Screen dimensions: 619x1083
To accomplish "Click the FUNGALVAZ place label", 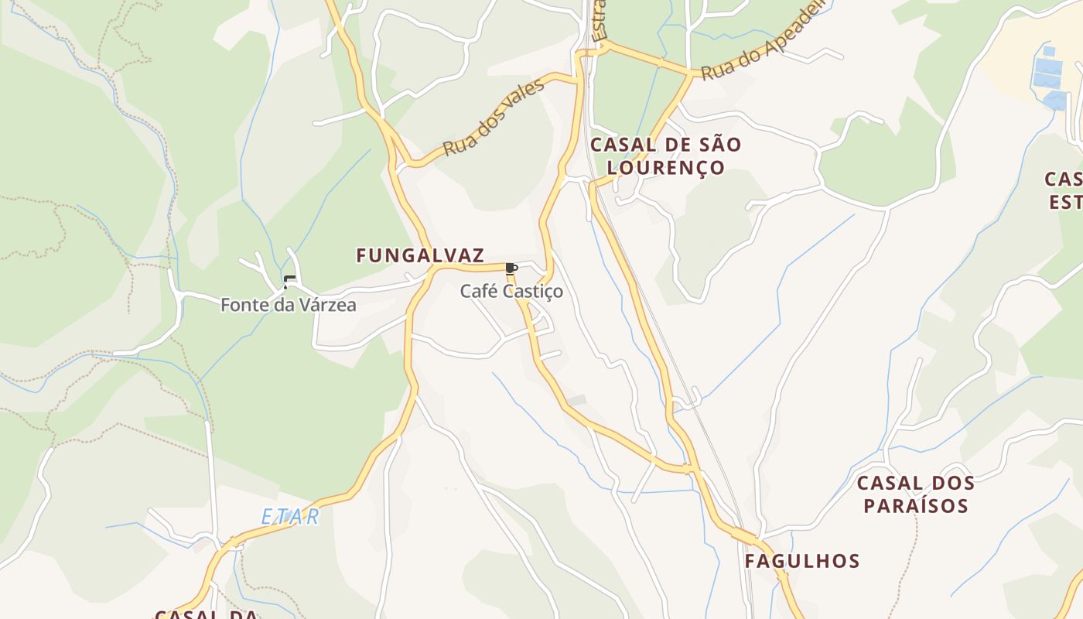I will pyautogui.click(x=420, y=255).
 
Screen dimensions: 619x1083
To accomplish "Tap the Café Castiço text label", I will pyautogui.click(x=511, y=292).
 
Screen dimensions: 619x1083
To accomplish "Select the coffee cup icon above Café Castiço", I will pyautogui.click(x=511, y=268).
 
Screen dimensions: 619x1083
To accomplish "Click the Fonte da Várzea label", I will pyautogui.click(x=289, y=305).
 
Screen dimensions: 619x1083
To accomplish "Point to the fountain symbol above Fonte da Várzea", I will pyautogui.click(x=289, y=282).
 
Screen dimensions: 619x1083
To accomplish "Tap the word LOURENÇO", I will pyautogui.click(x=666, y=168).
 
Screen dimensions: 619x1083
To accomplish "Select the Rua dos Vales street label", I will pyautogui.click(x=494, y=118).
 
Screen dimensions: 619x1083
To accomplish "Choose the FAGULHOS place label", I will pyautogui.click(x=802, y=561).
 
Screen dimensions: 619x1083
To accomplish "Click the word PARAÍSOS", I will pyautogui.click(x=916, y=506).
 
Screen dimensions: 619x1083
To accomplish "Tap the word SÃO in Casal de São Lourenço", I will pyautogui.click(x=721, y=145).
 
